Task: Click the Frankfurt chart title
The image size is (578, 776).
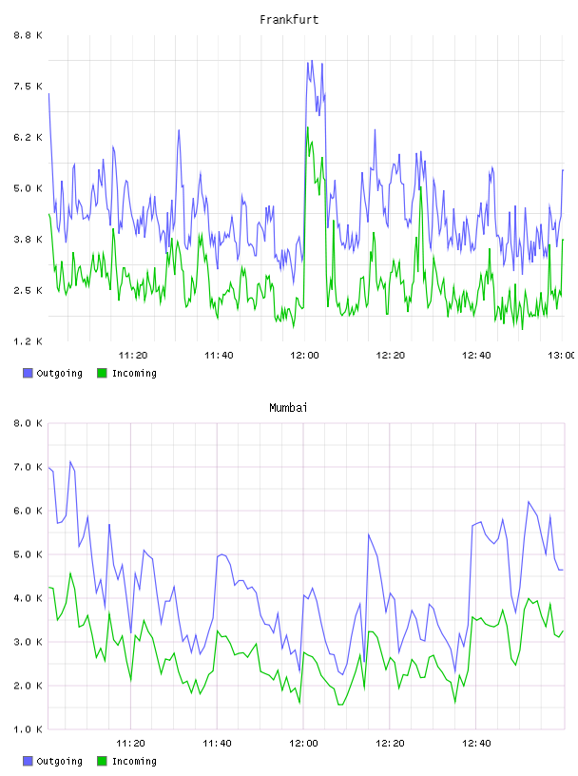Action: (289, 19)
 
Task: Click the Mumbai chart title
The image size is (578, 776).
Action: (288, 407)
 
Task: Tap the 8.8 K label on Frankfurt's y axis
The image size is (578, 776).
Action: (28, 35)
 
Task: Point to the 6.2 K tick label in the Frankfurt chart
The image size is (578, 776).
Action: (28, 137)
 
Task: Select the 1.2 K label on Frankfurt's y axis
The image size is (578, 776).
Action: (28, 341)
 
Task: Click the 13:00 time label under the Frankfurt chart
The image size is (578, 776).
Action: (561, 355)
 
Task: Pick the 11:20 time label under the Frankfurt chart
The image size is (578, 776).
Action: (133, 355)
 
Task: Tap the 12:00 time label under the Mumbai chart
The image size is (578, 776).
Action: (303, 743)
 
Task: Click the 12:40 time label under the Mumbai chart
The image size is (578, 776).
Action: (476, 743)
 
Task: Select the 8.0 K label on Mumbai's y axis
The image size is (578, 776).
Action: (28, 423)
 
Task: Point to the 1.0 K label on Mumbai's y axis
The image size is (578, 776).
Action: (28, 729)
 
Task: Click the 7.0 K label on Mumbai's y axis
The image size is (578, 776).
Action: (28, 467)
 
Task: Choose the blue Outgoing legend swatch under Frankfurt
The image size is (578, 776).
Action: (28, 373)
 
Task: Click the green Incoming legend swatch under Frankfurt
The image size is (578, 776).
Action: (102, 373)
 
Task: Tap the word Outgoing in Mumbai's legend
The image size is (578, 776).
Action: (59, 761)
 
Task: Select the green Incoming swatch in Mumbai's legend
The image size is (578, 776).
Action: (102, 761)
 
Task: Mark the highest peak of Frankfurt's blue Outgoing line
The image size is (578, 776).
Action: (312, 60)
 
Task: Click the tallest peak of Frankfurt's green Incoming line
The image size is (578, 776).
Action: (307, 127)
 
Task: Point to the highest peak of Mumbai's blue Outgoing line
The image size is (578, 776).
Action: (70, 461)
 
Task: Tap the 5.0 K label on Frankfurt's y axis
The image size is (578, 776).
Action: (28, 188)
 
